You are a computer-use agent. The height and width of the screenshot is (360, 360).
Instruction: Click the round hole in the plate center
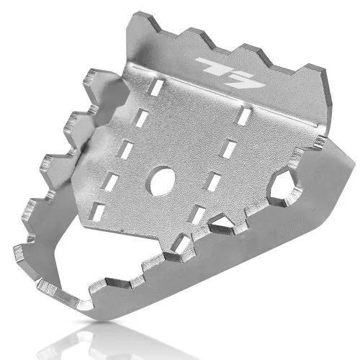(161, 181)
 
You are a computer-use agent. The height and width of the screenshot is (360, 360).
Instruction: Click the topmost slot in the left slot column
(155, 87)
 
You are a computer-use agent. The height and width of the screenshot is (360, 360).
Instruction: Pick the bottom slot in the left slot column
(96, 212)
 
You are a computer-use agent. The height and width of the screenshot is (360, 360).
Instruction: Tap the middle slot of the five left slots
(125, 150)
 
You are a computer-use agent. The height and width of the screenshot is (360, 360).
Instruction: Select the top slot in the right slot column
(243, 116)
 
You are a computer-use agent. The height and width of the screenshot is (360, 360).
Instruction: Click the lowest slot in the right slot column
(197, 215)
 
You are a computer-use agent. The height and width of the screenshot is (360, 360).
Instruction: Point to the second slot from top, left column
(141, 117)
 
